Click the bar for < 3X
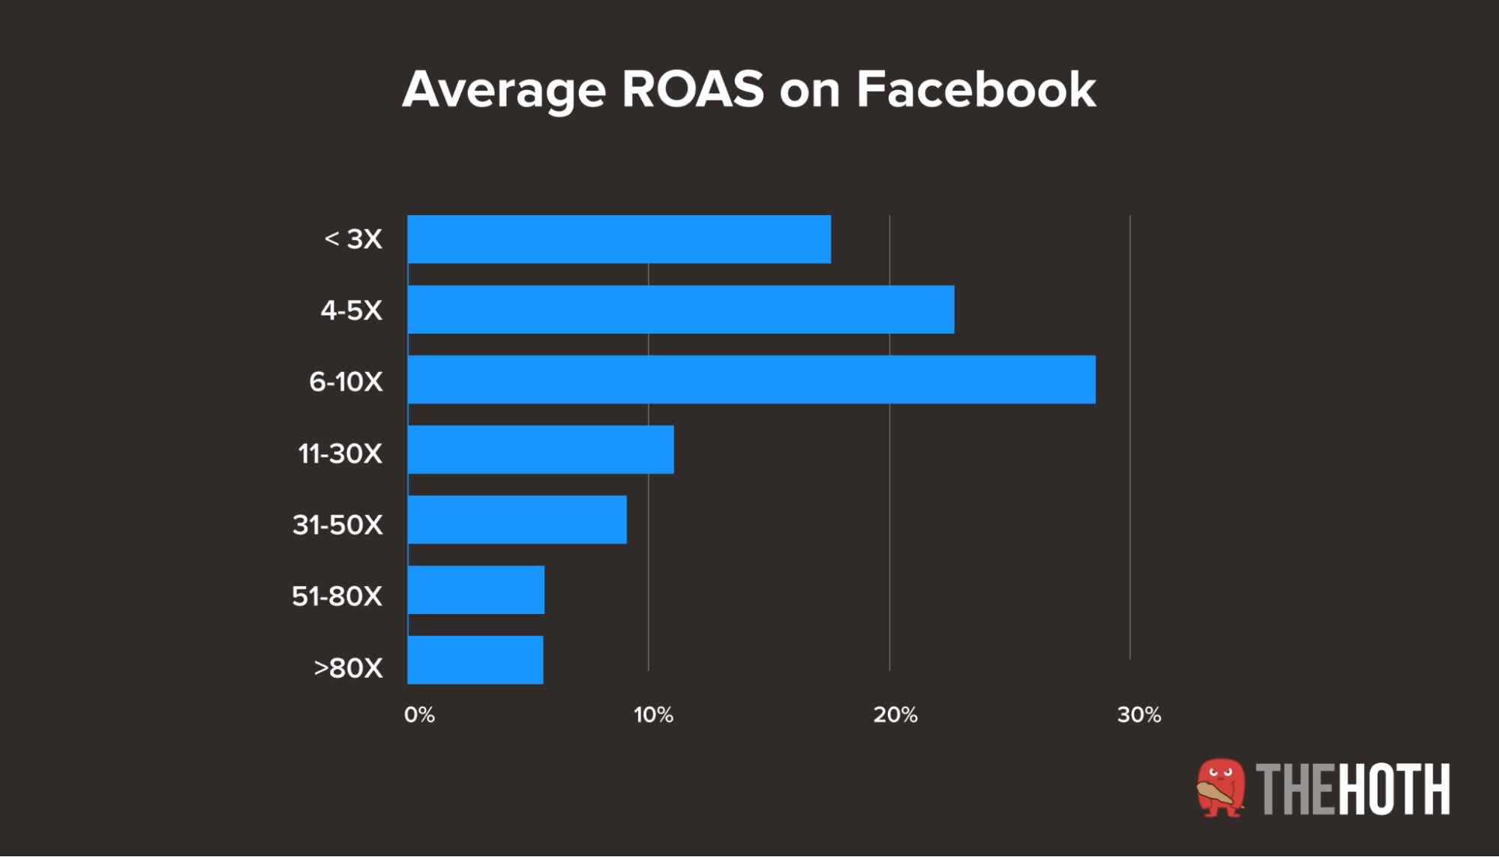pos(619,239)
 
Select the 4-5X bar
pos(681,310)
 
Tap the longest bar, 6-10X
pos(751,379)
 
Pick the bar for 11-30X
pos(541,450)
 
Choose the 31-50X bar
pos(517,520)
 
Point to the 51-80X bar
pos(476,590)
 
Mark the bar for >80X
pos(475,660)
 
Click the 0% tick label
pos(419,715)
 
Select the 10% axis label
pos(653,715)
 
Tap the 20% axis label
pos(895,715)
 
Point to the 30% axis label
pos(1139,715)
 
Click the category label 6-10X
pos(346,382)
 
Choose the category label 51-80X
pos(337,596)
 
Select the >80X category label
pos(348,667)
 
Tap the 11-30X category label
pos(340,454)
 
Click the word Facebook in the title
pos(976,90)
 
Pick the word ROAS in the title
pos(693,90)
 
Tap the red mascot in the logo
pos(1221,787)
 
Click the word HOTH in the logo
pos(1394,789)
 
